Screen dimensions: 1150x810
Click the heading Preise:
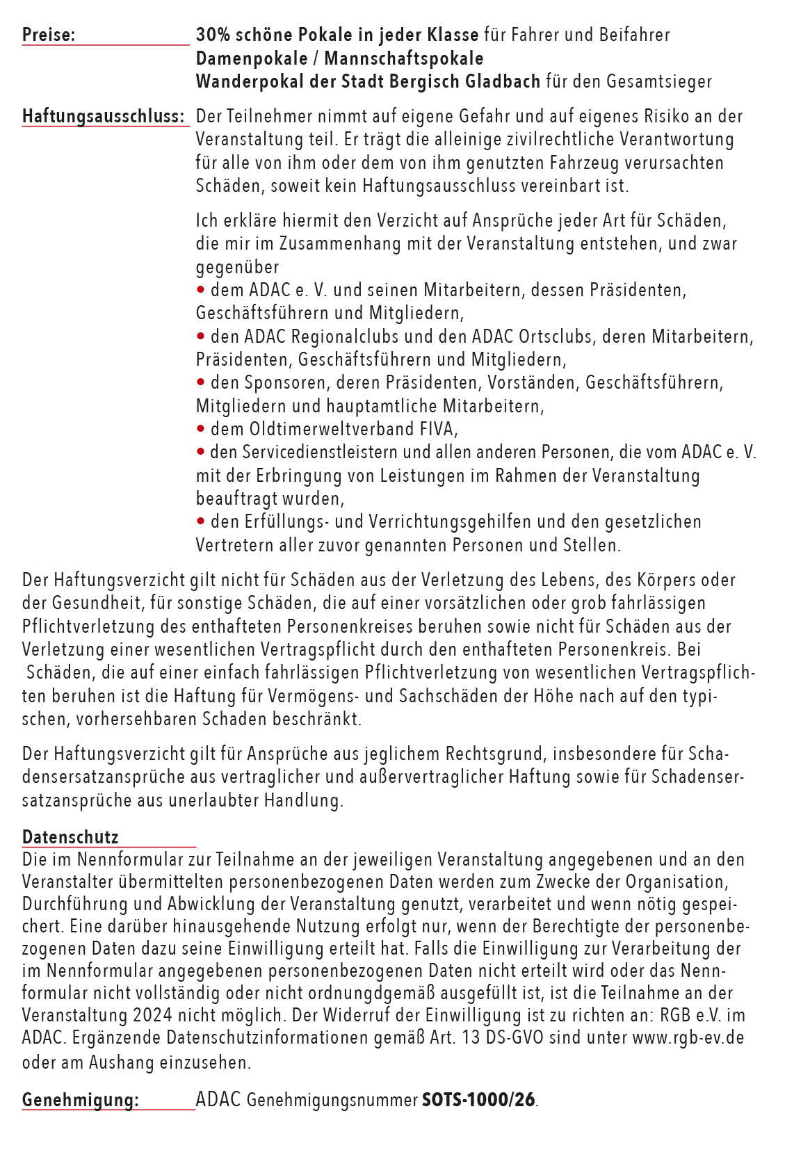(49, 35)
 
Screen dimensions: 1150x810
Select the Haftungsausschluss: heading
(104, 116)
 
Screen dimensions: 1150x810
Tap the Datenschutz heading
(70, 837)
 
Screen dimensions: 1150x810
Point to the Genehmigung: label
(80, 1100)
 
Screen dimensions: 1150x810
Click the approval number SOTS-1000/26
(479, 1100)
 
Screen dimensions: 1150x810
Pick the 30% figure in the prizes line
(210, 35)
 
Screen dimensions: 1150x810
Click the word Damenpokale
(252, 58)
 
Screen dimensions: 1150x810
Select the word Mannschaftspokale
(404, 58)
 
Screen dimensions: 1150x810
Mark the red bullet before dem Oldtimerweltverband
(201, 428)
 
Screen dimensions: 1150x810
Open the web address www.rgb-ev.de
(688, 1037)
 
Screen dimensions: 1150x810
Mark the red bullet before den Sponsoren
(201, 382)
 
